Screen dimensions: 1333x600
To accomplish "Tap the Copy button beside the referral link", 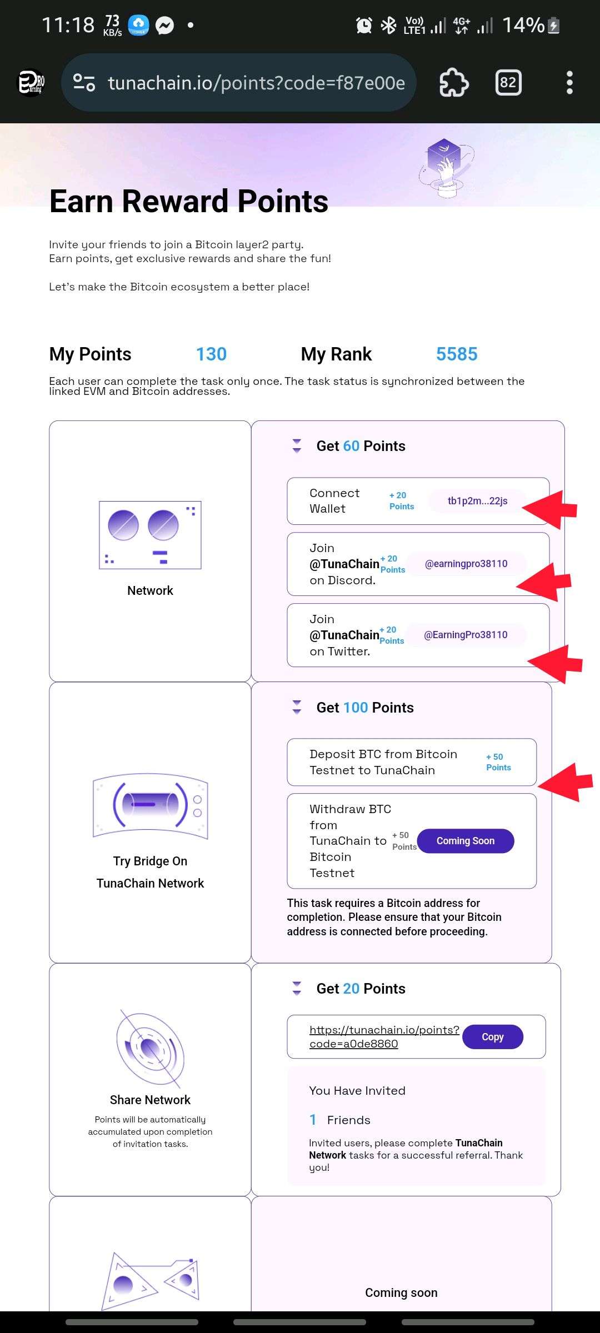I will [492, 1037].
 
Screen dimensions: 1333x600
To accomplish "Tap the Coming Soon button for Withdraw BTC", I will [465, 841].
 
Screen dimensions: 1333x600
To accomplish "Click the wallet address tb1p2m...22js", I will [477, 501].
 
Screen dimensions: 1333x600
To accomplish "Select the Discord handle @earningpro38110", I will [466, 564].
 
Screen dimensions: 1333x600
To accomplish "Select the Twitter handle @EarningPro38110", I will [466, 635].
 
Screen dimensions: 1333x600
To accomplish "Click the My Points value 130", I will [211, 354].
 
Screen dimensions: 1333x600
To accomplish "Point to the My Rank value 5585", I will [457, 354].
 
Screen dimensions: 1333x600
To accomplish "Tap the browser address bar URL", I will [256, 83].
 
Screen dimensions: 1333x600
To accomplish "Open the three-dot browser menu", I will [569, 83].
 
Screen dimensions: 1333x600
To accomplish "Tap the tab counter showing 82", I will [508, 83].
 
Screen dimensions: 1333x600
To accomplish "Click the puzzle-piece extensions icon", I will [454, 83].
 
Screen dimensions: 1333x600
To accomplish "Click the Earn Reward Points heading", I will [189, 201].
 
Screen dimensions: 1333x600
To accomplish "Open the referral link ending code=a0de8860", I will [384, 1036].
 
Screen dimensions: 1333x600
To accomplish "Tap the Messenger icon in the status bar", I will [164, 25].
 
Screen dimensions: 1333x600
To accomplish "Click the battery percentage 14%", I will [523, 25].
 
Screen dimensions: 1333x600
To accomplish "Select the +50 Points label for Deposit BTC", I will [498, 762].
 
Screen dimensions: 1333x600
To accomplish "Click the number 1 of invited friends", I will [313, 1120].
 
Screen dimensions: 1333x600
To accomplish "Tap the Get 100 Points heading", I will [365, 708].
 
